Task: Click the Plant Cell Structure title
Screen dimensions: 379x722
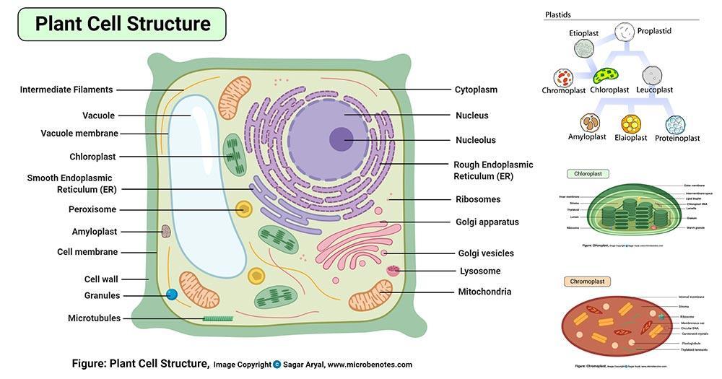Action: click(123, 23)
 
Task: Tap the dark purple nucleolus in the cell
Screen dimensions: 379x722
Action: click(342, 139)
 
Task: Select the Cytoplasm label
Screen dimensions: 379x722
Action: click(476, 90)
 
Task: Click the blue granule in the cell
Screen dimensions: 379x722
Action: click(172, 295)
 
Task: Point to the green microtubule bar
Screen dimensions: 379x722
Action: click(218, 318)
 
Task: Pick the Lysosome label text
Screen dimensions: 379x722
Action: click(480, 271)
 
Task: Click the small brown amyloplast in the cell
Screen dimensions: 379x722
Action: click(166, 231)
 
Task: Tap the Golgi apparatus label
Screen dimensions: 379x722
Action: click(487, 222)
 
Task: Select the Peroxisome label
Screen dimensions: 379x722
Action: click(93, 210)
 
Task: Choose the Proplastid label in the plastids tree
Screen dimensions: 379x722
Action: click(654, 31)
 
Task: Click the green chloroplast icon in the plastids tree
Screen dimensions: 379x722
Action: click(606, 75)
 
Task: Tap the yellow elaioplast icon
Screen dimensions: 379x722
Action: click(631, 124)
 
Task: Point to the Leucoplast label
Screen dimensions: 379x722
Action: click(655, 90)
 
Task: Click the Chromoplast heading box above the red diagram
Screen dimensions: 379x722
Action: click(587, 281)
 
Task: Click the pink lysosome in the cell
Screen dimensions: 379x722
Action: click(393, 271)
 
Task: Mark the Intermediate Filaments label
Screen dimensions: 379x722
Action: click(66, 90)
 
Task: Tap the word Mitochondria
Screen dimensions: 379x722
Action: click(484, 292)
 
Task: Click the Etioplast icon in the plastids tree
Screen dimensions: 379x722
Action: click(583, 48)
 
